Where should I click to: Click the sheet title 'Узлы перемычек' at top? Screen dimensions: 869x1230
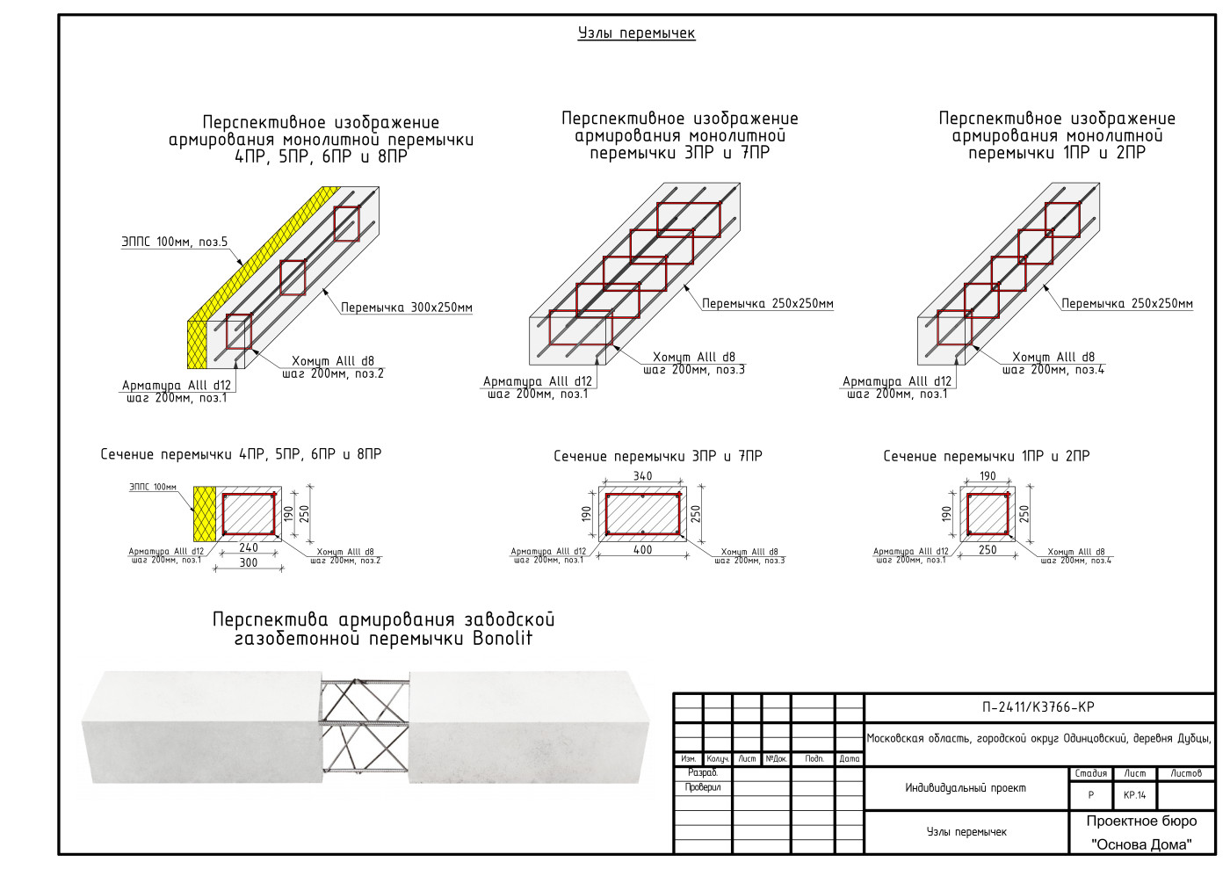coord(636,33)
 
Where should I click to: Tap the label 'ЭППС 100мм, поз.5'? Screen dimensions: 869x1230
coord(174,242)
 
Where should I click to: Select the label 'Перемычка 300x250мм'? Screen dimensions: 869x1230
coord(407,308)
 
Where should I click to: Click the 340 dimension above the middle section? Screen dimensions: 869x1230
coord(642,476)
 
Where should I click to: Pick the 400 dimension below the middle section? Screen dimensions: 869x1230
coord(642,550)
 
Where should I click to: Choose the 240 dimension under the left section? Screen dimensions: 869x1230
coord(249,547)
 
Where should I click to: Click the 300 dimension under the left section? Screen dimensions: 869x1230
coord(249,562)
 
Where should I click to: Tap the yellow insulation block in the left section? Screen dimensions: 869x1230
coord(205,512)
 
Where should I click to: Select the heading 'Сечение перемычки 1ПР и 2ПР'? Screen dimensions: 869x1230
coord(986,456)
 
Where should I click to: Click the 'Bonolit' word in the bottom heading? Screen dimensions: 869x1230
coord(502,640)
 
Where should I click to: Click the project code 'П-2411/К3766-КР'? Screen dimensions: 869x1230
coord(1038,707)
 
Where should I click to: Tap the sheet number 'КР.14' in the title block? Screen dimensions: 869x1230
coord(1134,795)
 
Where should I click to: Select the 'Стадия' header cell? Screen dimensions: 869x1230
coord(1090,773)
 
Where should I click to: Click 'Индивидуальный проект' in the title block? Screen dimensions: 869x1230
coord(966,788)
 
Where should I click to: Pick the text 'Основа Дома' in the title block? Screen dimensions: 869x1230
coord(1141,844)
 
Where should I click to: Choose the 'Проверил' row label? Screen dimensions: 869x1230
coord(703,787)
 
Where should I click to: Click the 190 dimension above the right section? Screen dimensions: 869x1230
coord(988,476)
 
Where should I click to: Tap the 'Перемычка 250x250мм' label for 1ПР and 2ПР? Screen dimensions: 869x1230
coord(1127,304)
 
